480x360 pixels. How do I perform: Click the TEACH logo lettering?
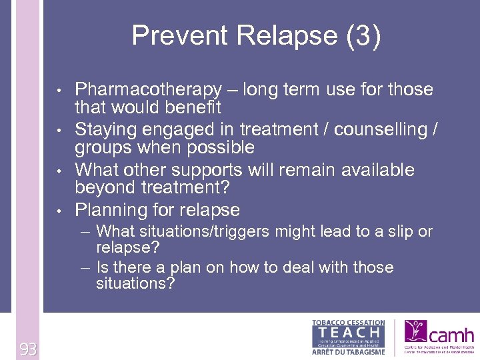[x=348, y=331]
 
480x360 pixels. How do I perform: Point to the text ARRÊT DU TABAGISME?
[x=348, y=351]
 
